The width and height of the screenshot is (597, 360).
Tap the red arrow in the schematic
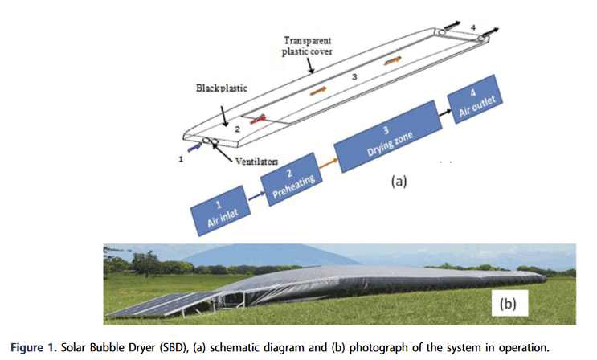(257, 121)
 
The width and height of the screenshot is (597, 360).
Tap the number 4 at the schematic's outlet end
(473, 28)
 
